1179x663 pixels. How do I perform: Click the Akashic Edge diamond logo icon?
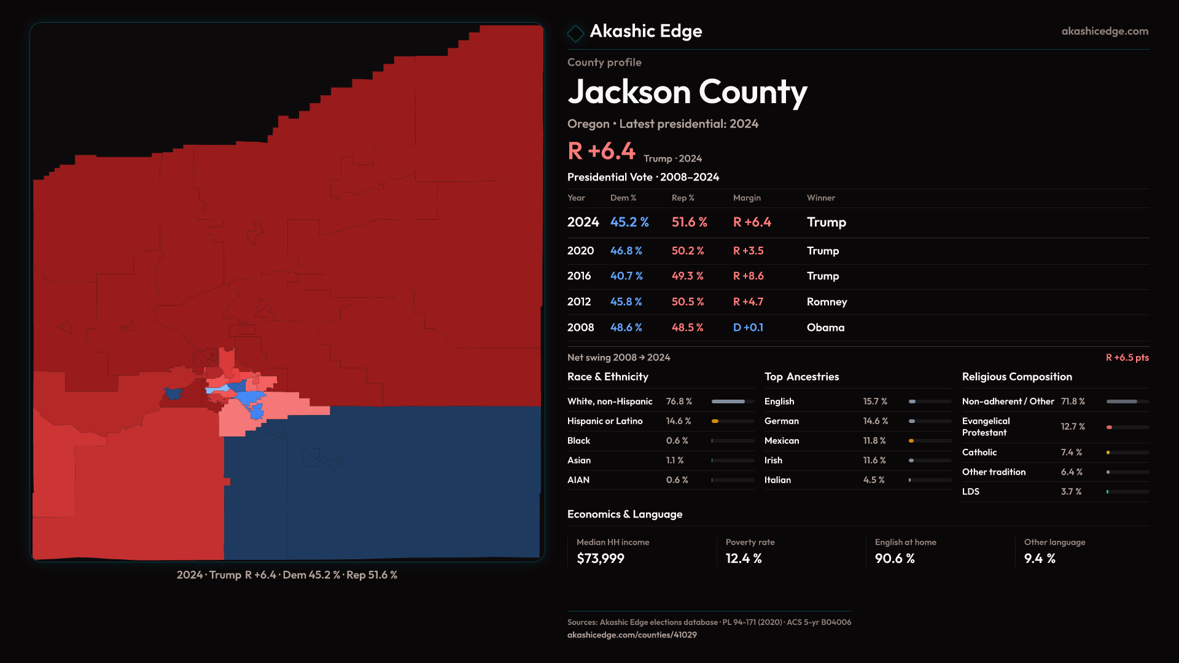(575, 33)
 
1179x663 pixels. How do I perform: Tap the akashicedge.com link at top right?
(1104, 31)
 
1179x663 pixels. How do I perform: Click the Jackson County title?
(687, 92)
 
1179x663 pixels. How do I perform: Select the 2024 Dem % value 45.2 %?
(629, 222)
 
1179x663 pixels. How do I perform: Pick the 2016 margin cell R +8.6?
(748, 276)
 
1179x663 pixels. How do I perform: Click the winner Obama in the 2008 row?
(825, 328)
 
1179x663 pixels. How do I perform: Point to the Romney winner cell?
(827, 302)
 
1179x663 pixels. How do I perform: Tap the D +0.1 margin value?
(748, 328)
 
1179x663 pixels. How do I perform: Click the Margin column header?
(746, 198)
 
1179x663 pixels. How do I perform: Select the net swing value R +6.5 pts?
(1127, 357)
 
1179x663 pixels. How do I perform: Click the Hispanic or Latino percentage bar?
(733, 421)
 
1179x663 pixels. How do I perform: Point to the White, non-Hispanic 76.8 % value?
(679, 401)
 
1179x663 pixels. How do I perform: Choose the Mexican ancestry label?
(781, 441)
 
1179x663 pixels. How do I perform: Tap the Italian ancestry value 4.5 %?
(873, 480)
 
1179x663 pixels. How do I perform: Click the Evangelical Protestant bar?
(1127, 427)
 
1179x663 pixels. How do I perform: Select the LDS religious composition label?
(970, 492)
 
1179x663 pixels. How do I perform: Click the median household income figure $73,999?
(600, 559)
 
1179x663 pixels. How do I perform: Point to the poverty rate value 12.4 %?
(743, 559)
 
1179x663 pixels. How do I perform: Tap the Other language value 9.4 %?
(1039, 559)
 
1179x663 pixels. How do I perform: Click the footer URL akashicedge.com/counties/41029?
(631, 635)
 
